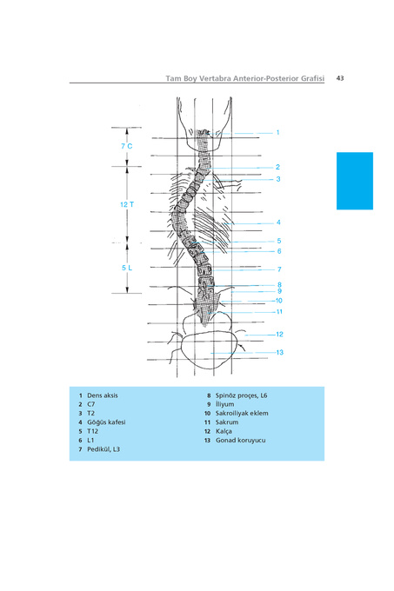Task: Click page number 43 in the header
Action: (x=340, y=78)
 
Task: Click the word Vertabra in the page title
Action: (x=215, y=78)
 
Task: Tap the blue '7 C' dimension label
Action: (x=127, y=146)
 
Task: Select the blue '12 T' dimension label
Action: (x=127, y=204)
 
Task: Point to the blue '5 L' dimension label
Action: (x=127, y=268)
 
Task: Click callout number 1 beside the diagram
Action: (x=277, y=133)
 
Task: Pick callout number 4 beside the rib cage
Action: (x=278, y=222)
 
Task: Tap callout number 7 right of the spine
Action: (x=279, y=269)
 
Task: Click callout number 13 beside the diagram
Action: (x=280, y=352)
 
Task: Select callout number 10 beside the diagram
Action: (x=279, y=301)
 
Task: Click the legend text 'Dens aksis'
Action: (x=103, y=395)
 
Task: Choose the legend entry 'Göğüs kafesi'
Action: (x=106, y=422)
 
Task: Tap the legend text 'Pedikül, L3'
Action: (x=104, y=449)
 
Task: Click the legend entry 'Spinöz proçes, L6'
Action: (x=241, y=395)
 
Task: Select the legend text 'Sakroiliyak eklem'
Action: (x=242, y=413)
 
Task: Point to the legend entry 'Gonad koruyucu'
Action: (x=241, y=441)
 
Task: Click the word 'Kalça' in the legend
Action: (x=224, y=431)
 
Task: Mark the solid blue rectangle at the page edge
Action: (x=355, y=181)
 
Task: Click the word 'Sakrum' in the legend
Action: (x=227, y=422)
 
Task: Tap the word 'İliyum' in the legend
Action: (x=224, y=404)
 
